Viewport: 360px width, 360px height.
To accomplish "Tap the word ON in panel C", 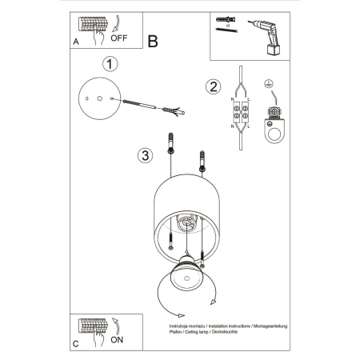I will tap(118, 338).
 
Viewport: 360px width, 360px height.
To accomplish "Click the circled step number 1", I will tap(111, 63).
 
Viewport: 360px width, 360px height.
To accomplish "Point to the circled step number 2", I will tap(213, 87).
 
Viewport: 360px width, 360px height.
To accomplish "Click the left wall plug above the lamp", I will tap(171, 146).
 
